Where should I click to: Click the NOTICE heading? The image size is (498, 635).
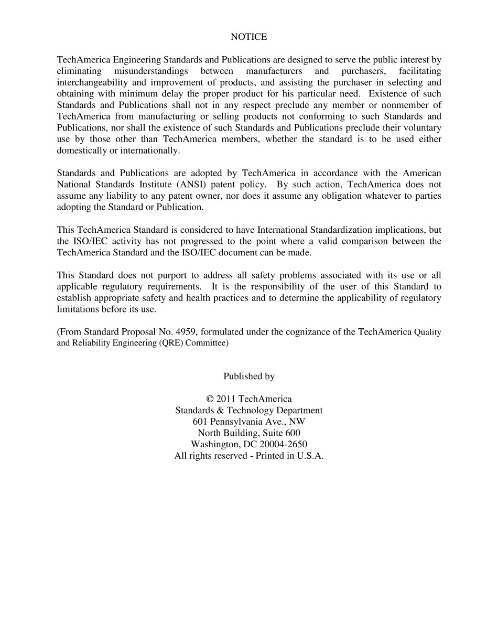(x=248, y=37)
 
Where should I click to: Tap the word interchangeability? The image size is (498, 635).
(x=92, y=82)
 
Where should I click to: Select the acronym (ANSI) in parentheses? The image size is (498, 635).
(x=191, y=185)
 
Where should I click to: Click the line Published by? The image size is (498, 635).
(x=248, y=376)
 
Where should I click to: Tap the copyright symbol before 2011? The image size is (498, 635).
(x=210, y=400)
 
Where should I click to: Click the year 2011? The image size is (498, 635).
(x=225, y=400)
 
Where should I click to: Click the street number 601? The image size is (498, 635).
(x=200, y=422)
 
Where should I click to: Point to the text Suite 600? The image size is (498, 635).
(x=282, y=433)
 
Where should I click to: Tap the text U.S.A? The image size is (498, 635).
(x=310, y=456)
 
